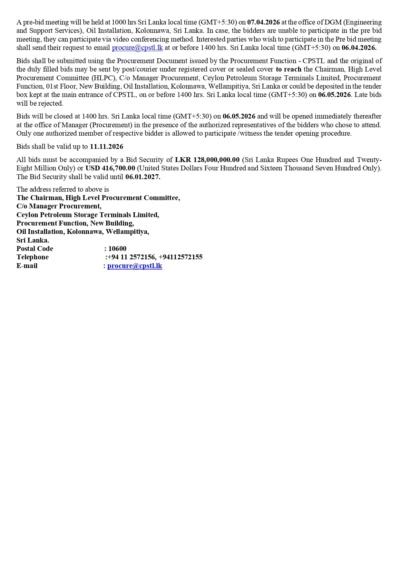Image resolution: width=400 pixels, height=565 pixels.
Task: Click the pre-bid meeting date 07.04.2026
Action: click(263, 22)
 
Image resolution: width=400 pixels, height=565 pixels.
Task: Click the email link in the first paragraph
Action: click(137, 48)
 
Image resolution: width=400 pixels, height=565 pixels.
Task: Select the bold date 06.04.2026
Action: click(359, 48)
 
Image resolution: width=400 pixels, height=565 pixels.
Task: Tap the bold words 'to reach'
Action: click(288, 69)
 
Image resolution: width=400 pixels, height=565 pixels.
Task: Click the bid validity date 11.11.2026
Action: click(106, 147)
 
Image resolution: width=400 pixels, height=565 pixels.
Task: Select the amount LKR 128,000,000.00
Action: click(207, 160)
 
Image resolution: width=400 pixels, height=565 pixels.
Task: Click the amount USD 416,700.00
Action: click(110, 168)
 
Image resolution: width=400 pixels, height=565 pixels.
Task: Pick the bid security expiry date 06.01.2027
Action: click(143, 177)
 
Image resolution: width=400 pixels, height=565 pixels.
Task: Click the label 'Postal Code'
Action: click(35, 249)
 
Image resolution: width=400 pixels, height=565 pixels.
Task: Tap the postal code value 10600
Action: click(117, 249)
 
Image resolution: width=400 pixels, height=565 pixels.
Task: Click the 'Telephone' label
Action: click(33, 257)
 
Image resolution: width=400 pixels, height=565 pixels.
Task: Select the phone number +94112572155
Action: click(180, 257)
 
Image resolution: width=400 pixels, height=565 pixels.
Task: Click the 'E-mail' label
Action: click(27, 266)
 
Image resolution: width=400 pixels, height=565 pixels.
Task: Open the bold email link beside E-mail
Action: click(135, 266)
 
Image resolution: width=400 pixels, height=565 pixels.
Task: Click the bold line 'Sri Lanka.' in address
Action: click(33, 240)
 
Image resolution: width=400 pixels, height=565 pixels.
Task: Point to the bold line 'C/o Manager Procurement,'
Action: click(59, 206)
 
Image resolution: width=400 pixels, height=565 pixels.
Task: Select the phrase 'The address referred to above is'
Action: click(63, 189)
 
